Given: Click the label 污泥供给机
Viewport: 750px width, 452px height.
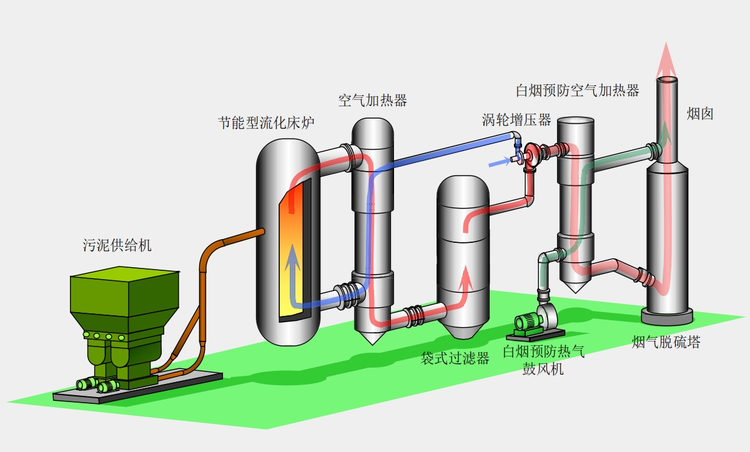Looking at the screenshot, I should (117, 245).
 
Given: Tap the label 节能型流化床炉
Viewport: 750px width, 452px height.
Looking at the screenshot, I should (265, 123).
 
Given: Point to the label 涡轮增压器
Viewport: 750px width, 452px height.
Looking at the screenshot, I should (516, 119).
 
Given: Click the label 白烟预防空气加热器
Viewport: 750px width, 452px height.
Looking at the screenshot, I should (578, 91).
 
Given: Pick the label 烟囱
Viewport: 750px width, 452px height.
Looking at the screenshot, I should (699, 114).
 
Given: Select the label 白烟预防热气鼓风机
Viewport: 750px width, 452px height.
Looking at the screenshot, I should (543, 360).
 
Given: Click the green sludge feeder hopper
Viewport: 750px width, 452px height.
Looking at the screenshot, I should (125, 300).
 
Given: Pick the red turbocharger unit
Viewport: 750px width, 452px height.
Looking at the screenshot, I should (532, 154).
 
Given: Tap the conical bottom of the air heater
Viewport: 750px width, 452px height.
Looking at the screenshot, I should (373, 337).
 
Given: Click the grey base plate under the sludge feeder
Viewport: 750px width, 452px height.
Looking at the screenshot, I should (137, 386).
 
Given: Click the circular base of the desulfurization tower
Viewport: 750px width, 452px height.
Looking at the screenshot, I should (668, 315).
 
